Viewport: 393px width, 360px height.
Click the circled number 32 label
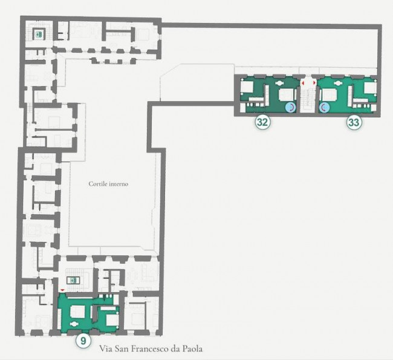click(262, 122)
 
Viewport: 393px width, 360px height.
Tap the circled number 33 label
click(354, 122)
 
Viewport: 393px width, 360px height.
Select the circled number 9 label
click(83, 341)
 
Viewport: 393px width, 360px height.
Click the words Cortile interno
click(108, 184)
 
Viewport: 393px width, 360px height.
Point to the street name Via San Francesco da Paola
click(151, 349)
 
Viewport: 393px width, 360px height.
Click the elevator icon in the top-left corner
click(39, 34)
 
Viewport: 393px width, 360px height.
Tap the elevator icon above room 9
click(73, 280)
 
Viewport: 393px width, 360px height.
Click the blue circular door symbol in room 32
click(290, 108)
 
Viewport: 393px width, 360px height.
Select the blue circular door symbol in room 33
click(324, 108)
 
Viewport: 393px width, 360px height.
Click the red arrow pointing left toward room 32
click(303, 82)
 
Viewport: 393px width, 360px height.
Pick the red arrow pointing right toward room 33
click(314, 82)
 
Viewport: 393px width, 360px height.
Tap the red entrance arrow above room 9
click(62, 290)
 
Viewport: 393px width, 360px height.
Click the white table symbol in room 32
click(279, 83)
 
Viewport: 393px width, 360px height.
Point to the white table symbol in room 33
click(338, 83)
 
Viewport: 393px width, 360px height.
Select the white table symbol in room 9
click(74, 324)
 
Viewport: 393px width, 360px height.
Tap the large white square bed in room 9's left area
click(77, 312)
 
